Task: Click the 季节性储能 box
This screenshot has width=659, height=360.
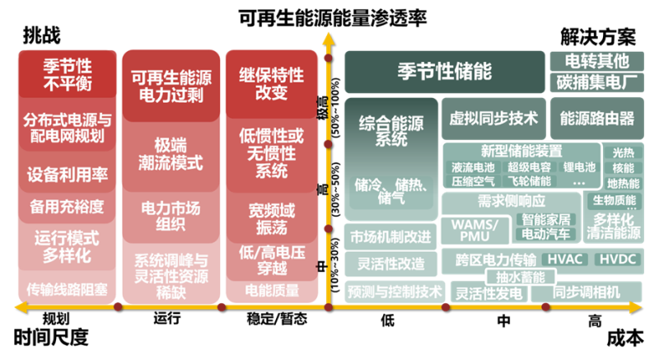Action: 445,70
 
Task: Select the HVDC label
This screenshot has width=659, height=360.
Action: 616,259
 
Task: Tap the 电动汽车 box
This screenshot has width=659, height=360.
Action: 546,234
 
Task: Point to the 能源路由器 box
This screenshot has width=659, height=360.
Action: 597,118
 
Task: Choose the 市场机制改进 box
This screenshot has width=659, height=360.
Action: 390,236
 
